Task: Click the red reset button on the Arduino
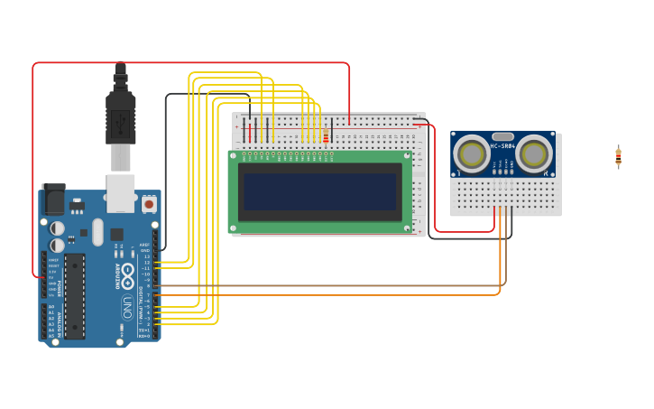[x=148, y=205]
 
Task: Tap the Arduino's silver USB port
[x=120, y=192]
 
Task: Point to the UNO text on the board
[x=127, y=307]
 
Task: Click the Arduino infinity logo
[x=127, y=272]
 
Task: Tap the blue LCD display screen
[x=319, y=191]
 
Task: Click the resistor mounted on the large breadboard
[x=326, y=136]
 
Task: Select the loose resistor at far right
[x=618, y=157]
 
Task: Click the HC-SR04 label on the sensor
[x=502, y=145]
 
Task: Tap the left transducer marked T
[x=470, y=153]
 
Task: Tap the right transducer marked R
[x=534, y=153]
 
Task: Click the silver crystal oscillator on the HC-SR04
[x=502, y=136]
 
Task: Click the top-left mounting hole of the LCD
[x=234, y=155]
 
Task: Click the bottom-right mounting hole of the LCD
[x=407, y=228]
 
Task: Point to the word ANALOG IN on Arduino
[x=57, y=321]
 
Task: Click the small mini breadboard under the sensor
[x=505, y=194]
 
